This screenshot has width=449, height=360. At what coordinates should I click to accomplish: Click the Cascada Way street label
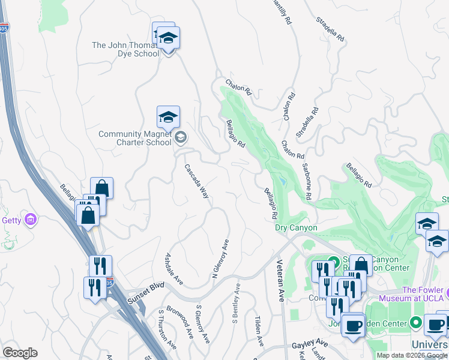tap(197, 182)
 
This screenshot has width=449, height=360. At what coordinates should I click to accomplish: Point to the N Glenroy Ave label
tap(221, 259)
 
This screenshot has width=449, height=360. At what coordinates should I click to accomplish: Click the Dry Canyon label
tap(296, 228)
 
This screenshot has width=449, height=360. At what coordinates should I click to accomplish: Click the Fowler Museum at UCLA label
tap(422, 293)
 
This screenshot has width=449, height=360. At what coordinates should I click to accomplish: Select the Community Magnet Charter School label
tap(135, 139)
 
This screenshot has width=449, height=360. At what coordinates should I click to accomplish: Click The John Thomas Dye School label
tap(125, 49)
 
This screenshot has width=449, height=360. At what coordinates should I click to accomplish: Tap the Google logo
tap(20, 353)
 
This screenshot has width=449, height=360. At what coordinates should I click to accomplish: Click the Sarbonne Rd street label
tap(307, 181)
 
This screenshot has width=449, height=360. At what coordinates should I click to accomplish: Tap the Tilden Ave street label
tap(259, 331)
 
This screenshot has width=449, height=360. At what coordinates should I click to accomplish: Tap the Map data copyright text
tap(412, 355)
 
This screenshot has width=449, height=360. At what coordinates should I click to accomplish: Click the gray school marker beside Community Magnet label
tap(180, 139)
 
